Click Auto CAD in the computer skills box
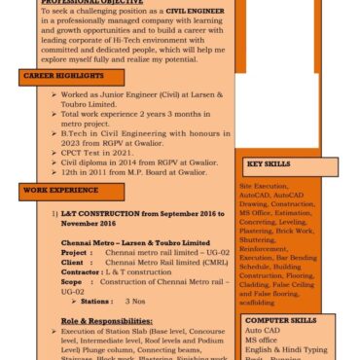(x=262, y=330)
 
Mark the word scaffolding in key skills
(x=258, y=302)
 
